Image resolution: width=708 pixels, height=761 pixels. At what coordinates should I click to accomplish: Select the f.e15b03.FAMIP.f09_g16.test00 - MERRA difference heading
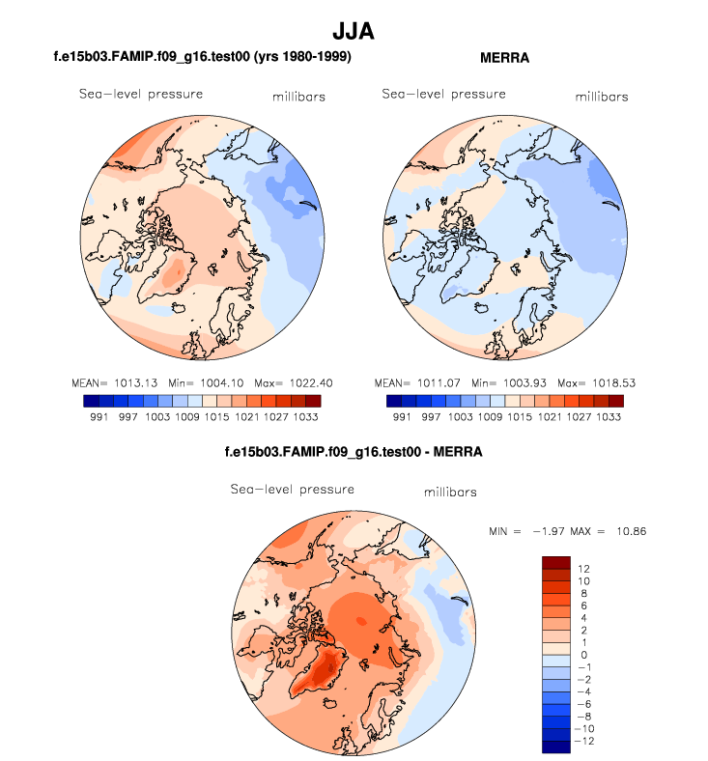tap(353, 451)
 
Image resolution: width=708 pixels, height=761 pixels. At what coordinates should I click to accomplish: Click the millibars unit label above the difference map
tap(451, 493)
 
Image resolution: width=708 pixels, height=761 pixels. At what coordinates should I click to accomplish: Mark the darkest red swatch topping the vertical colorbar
tap(557, 562)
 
